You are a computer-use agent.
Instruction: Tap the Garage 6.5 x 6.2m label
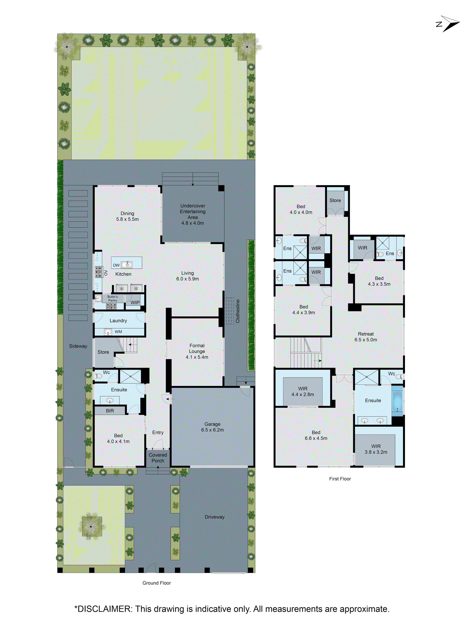(x=212, y=427)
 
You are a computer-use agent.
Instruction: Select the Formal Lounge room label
(x=197, y=351)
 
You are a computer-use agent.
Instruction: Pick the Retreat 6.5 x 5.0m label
(x=365, y=337)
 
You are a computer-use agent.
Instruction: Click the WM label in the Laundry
(x=118, y=332)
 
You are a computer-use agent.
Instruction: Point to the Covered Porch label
(x=158, y=458)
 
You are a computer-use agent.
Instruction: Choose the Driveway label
(x=215, y=517)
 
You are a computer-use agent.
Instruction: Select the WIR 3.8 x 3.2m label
(x=376, y=449)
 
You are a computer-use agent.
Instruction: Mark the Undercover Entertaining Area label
(x=193, y=214)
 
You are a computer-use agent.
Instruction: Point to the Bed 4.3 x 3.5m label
(x=379, y=281)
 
